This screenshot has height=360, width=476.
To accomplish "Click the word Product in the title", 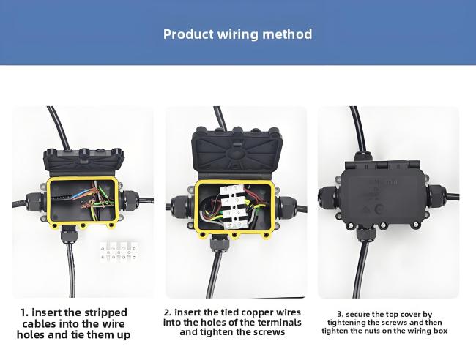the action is click(188, 34).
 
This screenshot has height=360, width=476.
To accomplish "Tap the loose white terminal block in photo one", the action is click(119, 251).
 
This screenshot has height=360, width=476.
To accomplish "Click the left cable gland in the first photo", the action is click(34, 200).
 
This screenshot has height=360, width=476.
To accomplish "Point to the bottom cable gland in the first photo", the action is click(68, 236).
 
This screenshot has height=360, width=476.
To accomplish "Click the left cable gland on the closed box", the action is click(328, 198).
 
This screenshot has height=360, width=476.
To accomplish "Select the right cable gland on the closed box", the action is click(436, 196).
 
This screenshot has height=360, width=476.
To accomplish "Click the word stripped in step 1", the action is click(105, 312).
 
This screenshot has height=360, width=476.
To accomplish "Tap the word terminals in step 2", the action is click(280, 322).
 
